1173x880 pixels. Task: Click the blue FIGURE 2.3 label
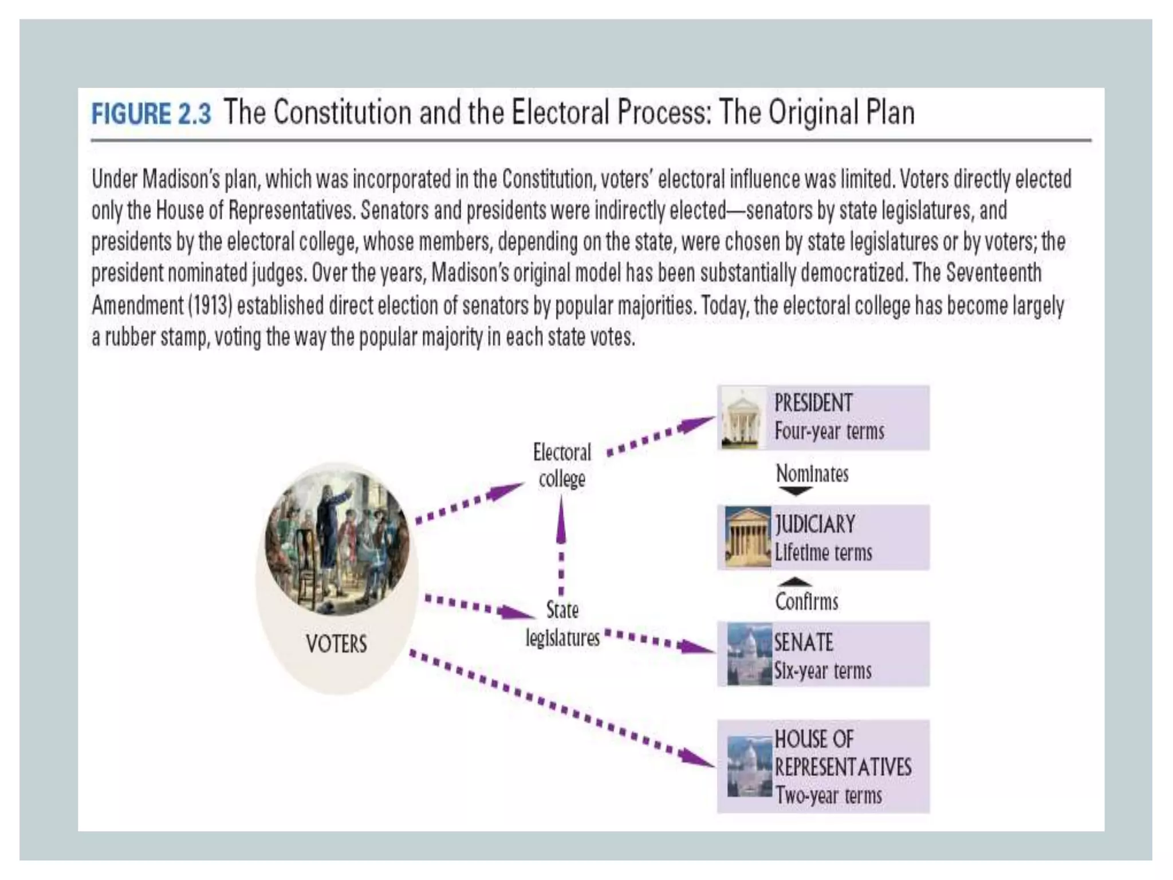click(151, 113)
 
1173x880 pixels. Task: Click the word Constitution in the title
click(342, 112)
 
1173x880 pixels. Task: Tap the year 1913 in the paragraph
click(210, 305)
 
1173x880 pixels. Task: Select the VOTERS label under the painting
click(336, 644)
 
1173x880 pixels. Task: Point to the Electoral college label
click(562, 465)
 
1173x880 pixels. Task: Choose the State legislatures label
click(562, 623)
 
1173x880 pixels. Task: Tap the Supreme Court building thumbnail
click(747, 537)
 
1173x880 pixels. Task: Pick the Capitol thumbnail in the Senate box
click(749, 654)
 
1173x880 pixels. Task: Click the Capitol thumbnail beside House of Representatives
click(749, 767)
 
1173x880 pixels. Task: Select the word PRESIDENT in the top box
click(813, 403)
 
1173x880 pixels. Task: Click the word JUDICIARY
click(815, 524)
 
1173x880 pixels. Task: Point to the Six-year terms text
click(822, 670)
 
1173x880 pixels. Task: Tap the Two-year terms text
click(828, 795)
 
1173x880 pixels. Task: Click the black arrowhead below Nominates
click(796, 492)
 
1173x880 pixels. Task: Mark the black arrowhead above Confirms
click(795, 582)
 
